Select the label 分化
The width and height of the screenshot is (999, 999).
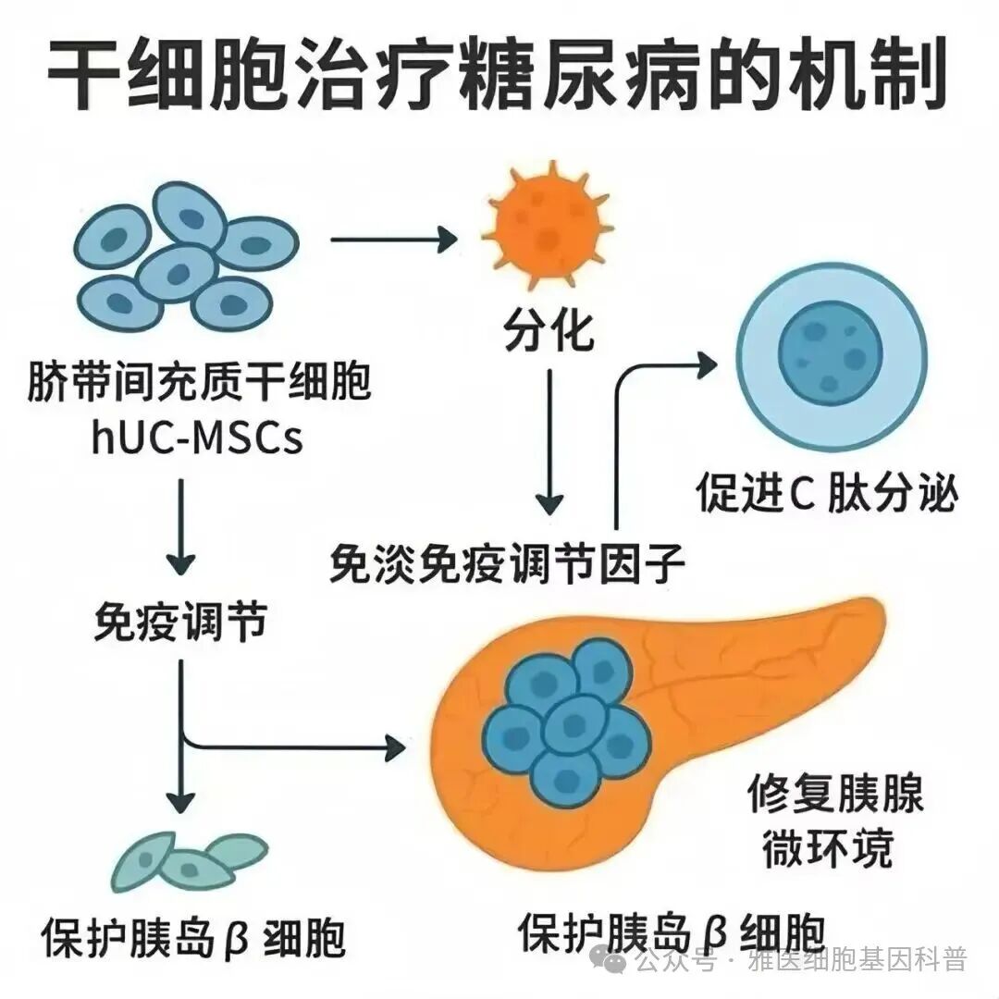(548, 330)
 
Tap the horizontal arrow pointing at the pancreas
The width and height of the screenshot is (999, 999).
(296, 743)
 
